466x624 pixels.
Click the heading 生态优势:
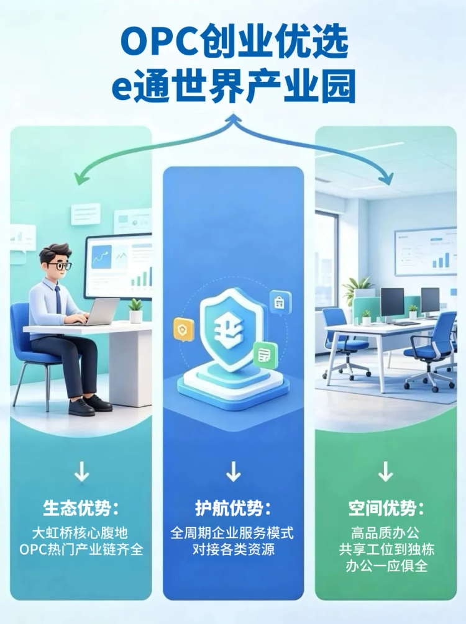point(81,508)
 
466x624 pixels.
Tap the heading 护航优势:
point(233,508)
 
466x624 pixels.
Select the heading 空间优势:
point(386,508)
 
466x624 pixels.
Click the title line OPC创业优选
point(235,42)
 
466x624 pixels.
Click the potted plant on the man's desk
point(135,310)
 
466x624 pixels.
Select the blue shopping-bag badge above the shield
point(280,303)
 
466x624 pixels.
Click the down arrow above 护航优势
point(234,472)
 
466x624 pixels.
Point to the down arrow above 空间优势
point(386,472)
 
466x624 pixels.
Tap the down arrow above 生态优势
point(81,472)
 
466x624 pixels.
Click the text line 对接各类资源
point(234,549)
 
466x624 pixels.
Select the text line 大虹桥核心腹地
point(80,533)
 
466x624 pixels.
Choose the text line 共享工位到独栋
point(386,549)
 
